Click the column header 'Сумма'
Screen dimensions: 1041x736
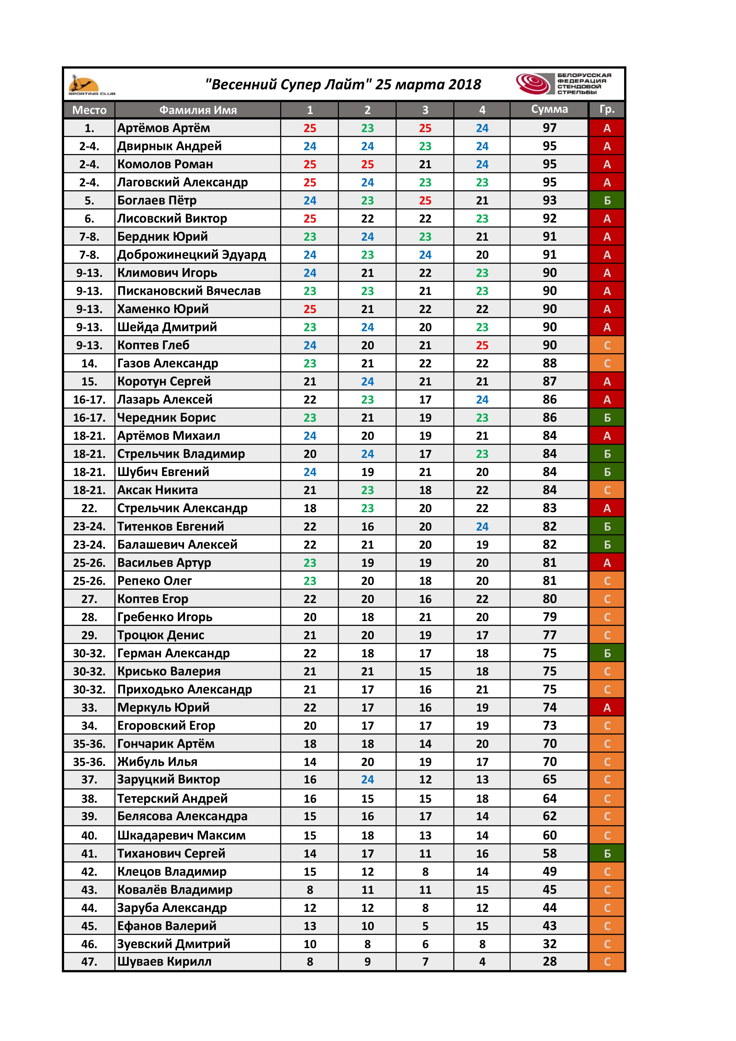(549, 109)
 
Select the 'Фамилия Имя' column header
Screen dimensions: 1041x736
(198, 110)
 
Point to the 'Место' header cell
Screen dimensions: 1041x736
(89, 110)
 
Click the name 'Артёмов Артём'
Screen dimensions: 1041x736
(164, 128)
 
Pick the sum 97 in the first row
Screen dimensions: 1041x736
(549, 128)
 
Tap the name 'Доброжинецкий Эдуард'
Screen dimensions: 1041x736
(191, 255)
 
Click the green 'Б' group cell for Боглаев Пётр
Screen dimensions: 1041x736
(607, 200)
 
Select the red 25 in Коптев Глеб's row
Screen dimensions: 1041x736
(482, 345)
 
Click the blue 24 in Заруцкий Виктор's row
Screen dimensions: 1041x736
(367, 779)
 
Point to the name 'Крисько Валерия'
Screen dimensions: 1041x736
(169, 671)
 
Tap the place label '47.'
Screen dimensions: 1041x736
(89, 962)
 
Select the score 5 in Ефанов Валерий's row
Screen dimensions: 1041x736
(425, 926)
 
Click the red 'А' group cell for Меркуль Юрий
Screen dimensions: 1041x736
(607, 707)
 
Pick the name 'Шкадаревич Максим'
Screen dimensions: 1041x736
(181, 835)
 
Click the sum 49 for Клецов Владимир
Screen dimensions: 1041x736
(549, 872)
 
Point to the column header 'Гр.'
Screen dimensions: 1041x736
(607, 109)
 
